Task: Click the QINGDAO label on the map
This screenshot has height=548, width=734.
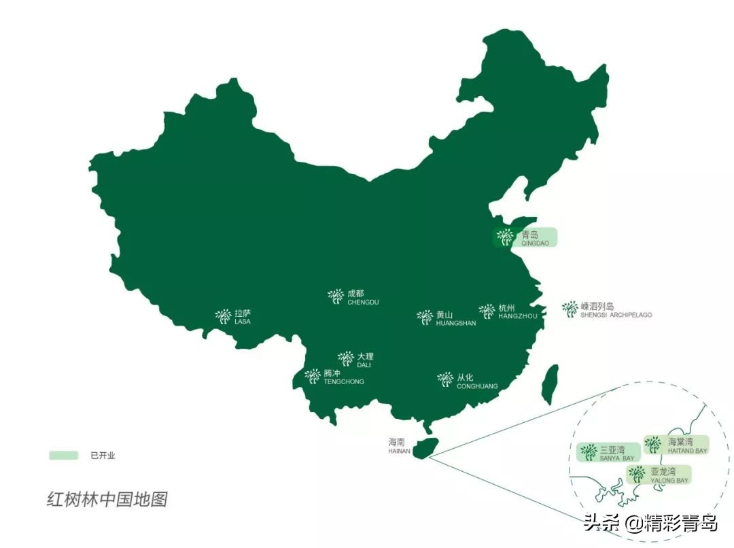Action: click(535, 243)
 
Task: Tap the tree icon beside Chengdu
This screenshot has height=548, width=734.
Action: click(336, 296)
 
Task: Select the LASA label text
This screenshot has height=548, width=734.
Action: click(243, 322)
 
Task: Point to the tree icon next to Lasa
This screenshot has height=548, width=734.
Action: click(224, 316)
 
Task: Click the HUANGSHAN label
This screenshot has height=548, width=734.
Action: click(455, 323)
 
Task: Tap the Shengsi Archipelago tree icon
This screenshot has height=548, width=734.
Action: click(570, 309)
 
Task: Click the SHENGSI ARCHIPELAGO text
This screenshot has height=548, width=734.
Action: click(616, 315)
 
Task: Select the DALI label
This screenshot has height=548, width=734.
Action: click(364, 365)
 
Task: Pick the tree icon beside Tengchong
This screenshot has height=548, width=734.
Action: click(313, 376)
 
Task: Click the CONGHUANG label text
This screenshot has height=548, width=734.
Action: click(476, 386)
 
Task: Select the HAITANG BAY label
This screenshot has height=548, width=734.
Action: click(687, 451)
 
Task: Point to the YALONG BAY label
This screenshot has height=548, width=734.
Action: click(669, 480)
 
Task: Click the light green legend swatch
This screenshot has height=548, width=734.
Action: click(63, 456)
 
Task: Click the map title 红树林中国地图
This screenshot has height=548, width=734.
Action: click(107, 500)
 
